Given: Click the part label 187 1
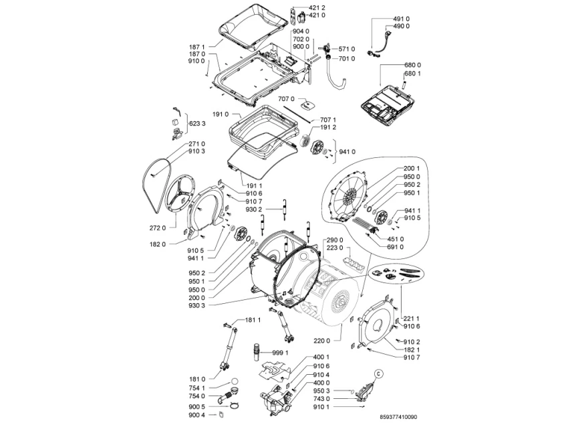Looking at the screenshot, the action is (x=197, y=47).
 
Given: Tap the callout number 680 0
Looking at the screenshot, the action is (x=412, y=66).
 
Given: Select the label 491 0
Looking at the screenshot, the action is (x=402, y=19).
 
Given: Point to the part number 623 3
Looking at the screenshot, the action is (x=197, y=124).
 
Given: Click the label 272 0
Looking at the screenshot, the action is (x=158, y=228).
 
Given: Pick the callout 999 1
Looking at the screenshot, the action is (x=280, y=352).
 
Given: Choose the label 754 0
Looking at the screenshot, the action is (x=197, y=396).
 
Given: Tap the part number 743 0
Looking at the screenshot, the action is (x=321, y=399).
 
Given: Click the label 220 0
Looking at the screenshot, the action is (x=321, y=341).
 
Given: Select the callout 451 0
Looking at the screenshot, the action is (x=395, y=239).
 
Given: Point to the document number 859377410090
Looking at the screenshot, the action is (x=398, y=417).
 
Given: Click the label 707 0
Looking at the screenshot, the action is (x=286, y=99).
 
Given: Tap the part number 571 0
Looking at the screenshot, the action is (x=347, y=49).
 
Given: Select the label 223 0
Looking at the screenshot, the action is (x=335, y=248).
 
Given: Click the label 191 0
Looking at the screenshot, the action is (x=221, y=114).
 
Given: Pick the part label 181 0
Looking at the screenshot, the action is (x=197, y=379).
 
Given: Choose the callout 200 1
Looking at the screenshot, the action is (x=412, y=169).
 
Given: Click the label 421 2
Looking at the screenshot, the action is (x=317, y=7).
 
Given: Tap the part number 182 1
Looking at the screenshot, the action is (x=412, y=350).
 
